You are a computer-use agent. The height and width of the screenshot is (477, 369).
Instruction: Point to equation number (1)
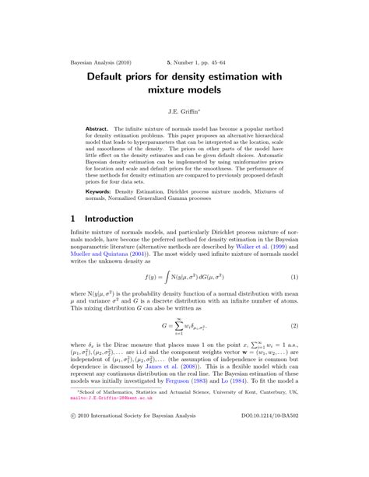(x=295, y=277)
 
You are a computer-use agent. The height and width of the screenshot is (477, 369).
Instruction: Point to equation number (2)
(x=295, y=324)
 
